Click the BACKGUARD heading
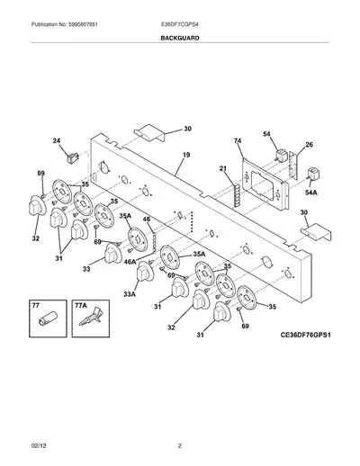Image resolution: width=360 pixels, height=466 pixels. tap(180, 38)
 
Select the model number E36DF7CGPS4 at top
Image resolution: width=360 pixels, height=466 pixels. tap(179, 24)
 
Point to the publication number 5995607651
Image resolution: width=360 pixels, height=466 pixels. tap(83, 24)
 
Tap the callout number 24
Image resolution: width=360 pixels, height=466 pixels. tap(57, 140)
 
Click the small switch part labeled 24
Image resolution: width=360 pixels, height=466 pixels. tap(73, 157)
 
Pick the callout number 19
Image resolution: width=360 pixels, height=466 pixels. tap(186, 155)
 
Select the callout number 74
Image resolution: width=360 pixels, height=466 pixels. tap(238, 140)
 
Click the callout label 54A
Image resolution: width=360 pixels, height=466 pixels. tap(311, 193)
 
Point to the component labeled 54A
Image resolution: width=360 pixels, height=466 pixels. tap(313, 175)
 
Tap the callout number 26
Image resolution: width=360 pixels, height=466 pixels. tap(309, 145)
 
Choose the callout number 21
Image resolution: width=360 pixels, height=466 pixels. tap(222, 168)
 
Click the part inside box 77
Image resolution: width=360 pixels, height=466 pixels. tap(48, 318)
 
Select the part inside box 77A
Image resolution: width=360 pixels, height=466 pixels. tap(91, 317)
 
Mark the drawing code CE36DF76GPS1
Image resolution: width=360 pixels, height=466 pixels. tap(305, 335)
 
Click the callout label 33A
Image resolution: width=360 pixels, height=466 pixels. tap(130, 294)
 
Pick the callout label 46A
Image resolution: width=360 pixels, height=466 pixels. tap(130, 262)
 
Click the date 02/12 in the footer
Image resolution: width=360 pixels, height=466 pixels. tap(39, 446)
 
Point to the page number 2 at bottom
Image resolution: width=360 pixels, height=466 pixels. tap(180, 446)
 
